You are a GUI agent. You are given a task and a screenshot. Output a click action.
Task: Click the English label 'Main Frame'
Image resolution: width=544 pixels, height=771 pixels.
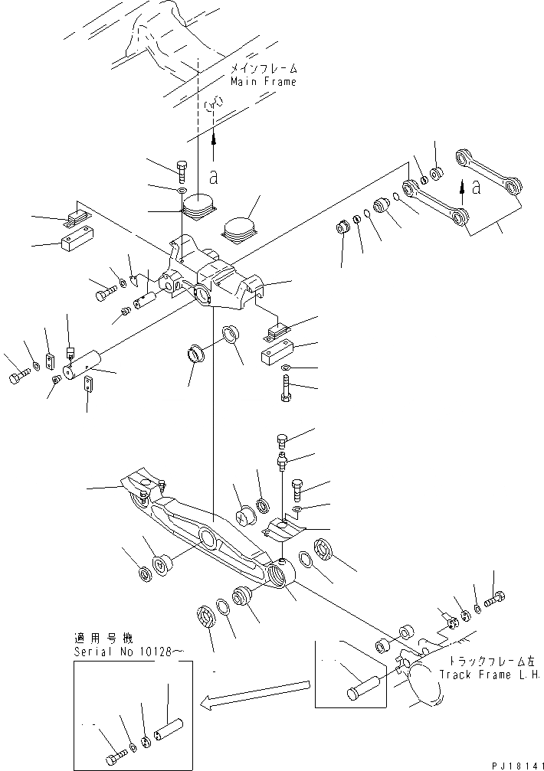[263, 82]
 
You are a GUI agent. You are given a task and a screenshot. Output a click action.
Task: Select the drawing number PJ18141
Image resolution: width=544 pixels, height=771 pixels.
[513, 764]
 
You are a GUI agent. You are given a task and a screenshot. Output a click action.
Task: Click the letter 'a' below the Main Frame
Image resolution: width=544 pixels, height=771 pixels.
[214, 177]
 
